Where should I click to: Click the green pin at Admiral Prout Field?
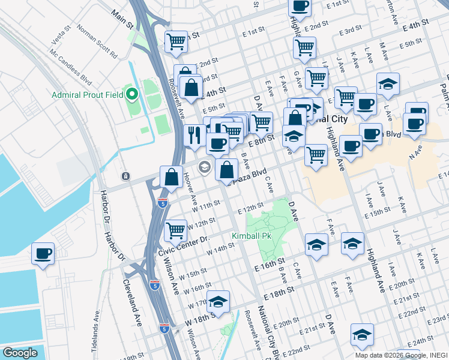click(x=131, y=94)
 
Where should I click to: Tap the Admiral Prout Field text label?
click(x=88, y=95)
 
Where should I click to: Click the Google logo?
click(x=20, y=353)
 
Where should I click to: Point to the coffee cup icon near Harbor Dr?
click(x=43, y=254)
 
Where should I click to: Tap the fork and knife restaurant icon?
click(x=194, y=136)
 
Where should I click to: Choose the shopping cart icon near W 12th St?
click(x=175, y=229)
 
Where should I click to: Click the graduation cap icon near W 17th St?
click(x=218, y=299)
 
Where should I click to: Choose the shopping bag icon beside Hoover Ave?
click(x=172, y=177)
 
